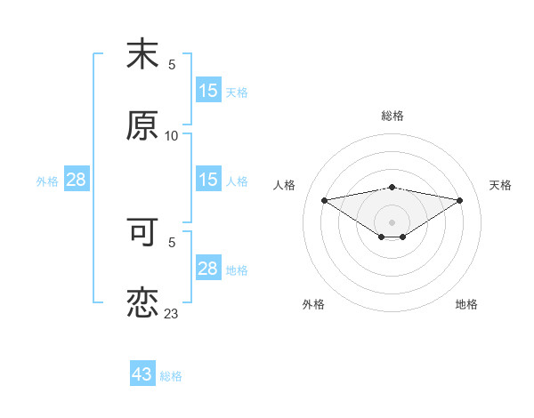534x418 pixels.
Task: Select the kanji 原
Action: click(x=142, y=126)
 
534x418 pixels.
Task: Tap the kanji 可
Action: click(x=142, y=232)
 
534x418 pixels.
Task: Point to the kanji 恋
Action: click(x=142, y=303)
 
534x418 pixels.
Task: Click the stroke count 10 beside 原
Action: click(x=172, y=135)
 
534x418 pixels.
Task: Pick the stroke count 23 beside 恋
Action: click(x=172, y=313)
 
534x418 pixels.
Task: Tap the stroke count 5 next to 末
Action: click(x=172, y=64)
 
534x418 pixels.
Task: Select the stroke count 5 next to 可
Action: click(x=172, y=241)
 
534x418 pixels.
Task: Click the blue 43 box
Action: click(x=142, y=374)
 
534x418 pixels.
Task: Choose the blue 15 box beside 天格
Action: click(x=208, y=91)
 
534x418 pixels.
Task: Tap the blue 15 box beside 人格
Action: click(x=208, y=180)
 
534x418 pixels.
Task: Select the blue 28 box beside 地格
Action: click(x=208, y=269)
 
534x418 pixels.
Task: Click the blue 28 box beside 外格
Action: click(x=77, y=180)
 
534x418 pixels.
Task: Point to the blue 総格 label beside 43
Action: click(x=171, y=376)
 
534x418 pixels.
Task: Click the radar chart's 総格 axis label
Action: click(x=392, y=116)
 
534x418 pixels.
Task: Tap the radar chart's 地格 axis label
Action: click(x=466, y=304)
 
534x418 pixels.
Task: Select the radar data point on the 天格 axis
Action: click(x=460, y=200)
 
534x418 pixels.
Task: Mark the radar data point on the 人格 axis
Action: click(x=324, y=199)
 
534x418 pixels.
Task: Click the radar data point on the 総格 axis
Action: click(x=392, y=188)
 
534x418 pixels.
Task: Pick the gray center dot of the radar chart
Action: click(x=392, y=221)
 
